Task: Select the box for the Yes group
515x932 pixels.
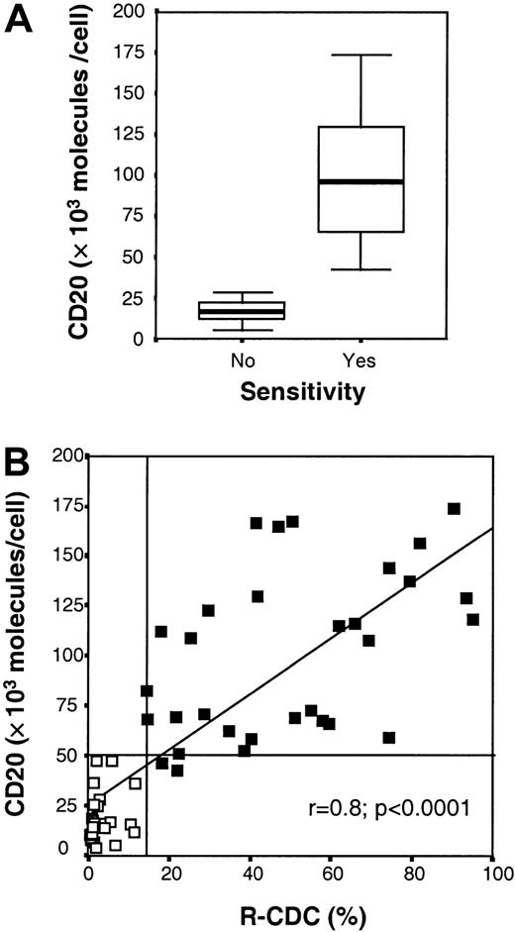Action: [x=360, y=178]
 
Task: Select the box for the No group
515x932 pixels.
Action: [x=228, y=310]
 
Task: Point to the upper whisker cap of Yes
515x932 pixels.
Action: [x=360, y=54]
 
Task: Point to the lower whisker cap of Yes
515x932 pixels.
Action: [x=360, y=269]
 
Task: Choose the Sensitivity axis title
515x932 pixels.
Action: [x=293, y=393]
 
